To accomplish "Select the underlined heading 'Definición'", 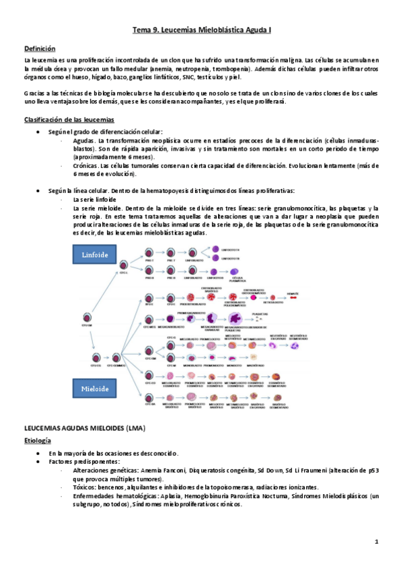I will click(39, 48).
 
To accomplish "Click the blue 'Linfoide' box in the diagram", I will click(95, 255).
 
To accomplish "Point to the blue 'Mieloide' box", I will click(95, 389).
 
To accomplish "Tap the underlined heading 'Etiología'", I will click(38, 441).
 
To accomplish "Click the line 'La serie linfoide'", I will click(95, 200).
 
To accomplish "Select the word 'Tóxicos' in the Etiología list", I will click(85, 487).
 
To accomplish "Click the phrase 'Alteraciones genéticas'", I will click(105, 471).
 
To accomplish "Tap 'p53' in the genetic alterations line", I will click(373, 471).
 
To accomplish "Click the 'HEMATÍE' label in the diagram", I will click(311, 294).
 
